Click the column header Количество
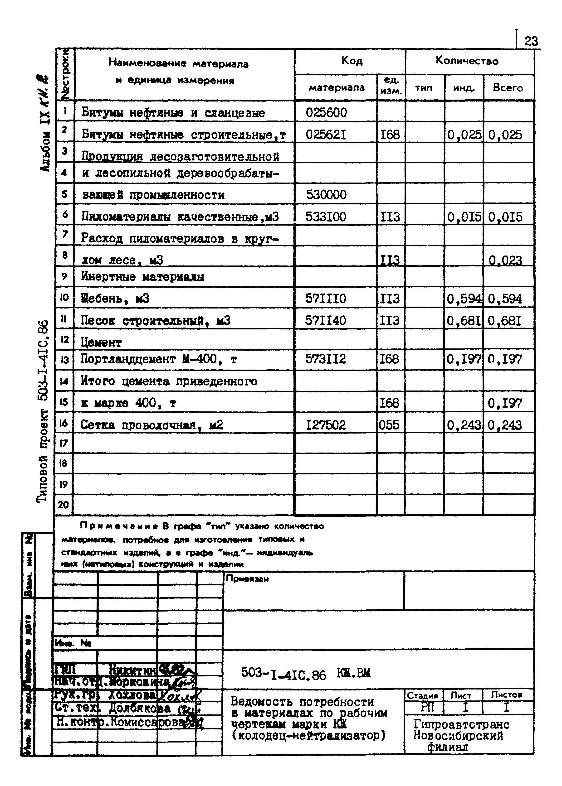coord(467,61)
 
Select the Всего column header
coord(508,88)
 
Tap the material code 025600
coord(326,113)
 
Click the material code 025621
coord(326,135)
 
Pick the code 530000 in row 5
coord(326,195)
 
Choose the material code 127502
coord(325,425)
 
